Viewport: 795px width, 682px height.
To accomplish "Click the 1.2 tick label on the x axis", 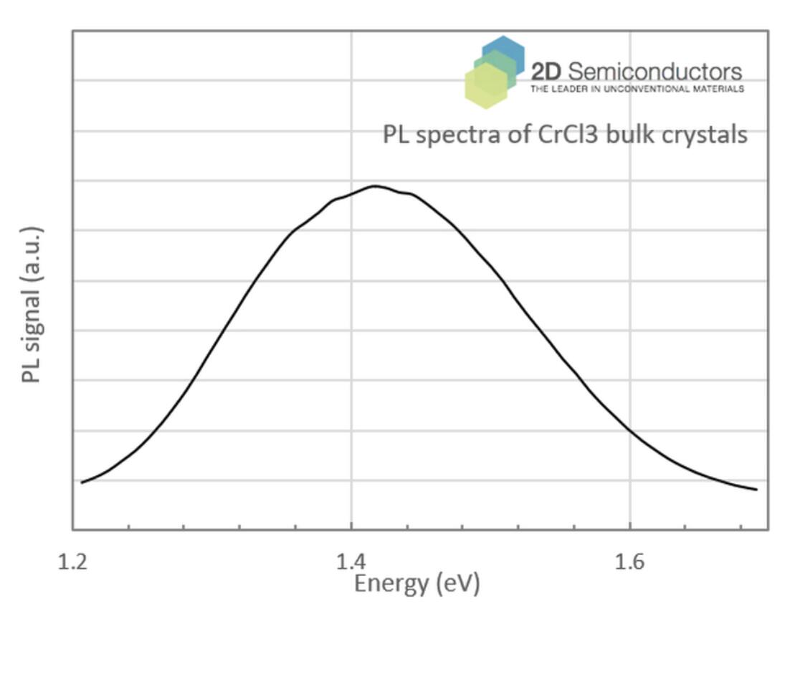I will pyautogui.click(x=72, y=562).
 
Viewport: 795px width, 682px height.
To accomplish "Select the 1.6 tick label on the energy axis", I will pyautogui.click(x=629, y=562).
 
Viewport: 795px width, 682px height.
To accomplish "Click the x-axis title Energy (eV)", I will pyautogui.click(x=417, y=584).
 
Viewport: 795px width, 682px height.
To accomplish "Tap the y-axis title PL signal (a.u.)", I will pyautogui.click(x=32, y=305).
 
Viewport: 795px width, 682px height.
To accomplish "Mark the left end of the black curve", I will pyautogui.click(x=82, y=482).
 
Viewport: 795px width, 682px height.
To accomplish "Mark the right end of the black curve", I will pyautogui.click(x=756, y=490).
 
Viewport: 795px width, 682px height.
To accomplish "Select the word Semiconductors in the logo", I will pyautogui.click(x=655, y=71).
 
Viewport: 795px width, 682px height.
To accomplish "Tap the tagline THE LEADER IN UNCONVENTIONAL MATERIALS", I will pyautogui.click(x=637, y=89).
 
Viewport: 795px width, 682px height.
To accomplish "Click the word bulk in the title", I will pyautogui.click(x=629, y=134).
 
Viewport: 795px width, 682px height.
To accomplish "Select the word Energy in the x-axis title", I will pyautogui.click(x=391, y=584).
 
